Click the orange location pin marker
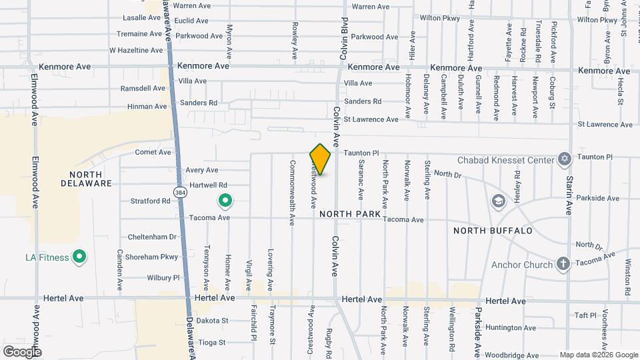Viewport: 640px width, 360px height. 320,159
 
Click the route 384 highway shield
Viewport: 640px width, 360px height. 180,193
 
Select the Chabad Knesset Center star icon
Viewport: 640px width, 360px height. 565,160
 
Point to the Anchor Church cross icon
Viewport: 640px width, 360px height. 563,265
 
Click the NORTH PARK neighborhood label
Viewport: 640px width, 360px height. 349,214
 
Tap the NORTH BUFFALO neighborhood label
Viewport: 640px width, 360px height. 493,231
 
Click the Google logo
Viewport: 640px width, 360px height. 22,351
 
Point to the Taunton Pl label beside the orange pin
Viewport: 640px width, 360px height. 361,153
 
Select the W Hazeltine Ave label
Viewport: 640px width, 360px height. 136,50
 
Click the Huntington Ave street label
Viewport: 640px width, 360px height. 511,327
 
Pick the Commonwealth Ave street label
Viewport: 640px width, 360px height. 292,192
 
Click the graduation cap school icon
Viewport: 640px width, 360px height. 498,201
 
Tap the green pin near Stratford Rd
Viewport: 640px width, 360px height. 225,200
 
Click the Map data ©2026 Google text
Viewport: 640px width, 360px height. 598,355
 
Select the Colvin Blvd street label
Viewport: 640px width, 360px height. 344,38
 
